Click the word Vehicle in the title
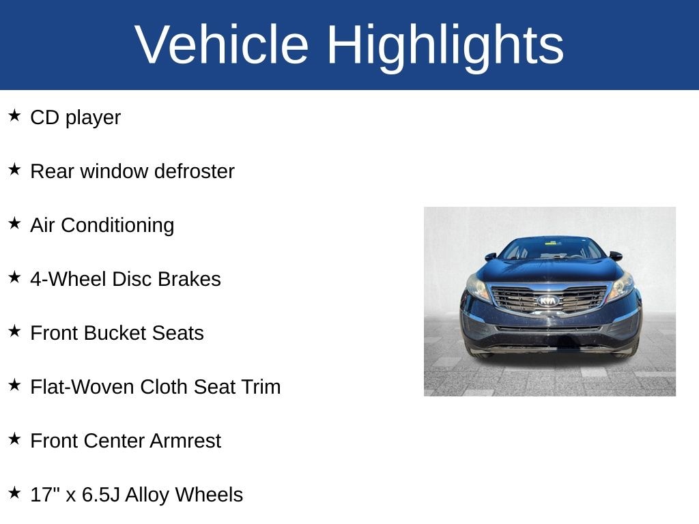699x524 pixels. click(x=222, y=45)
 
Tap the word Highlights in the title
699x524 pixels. click(x=445, y=45)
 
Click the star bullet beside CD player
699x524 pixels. click(x=14, y=116)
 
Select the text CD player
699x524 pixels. click(x=75, y=117)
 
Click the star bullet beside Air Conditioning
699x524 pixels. click(x=14, y=224)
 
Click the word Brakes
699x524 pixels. click(x=189, y=279)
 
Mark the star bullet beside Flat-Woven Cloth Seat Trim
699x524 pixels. click(x=14, y=385)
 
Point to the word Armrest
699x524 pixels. click(x=185, y=441)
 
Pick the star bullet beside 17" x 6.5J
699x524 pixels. click(x=14, y=493)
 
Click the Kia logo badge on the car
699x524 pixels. click(x=547, y=300)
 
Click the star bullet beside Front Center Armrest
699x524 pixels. click(x=14, y=439)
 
